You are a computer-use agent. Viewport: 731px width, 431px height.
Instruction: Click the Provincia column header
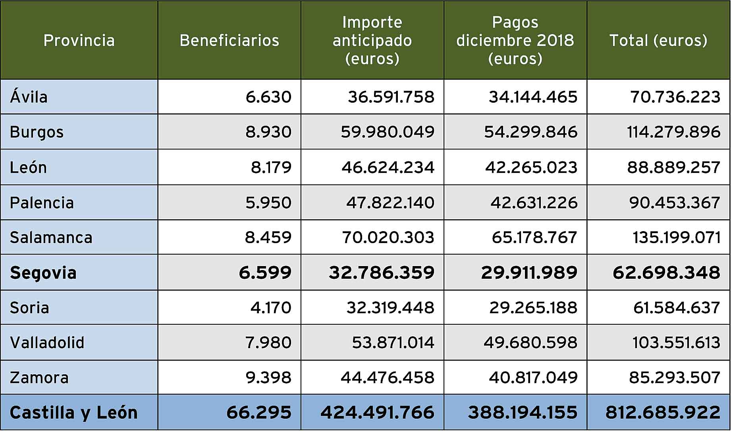[x=79, y=40]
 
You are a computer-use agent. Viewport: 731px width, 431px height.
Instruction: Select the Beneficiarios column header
[x=230, y=40]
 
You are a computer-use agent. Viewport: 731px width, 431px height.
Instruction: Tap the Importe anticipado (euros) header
[x=372, y=40]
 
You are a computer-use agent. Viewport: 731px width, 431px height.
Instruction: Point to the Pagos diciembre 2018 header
[x=515, y=40]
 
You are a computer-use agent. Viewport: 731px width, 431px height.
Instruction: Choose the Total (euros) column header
[x=658, y=40]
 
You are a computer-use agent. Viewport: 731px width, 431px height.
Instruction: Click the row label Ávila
[x=29, y=97]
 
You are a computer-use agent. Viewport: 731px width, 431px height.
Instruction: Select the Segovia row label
[x=43, y=273]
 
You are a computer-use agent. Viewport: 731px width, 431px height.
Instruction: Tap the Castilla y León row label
[x=73, y=413]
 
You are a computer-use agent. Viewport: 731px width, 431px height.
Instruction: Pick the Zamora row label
[x=39, y=377]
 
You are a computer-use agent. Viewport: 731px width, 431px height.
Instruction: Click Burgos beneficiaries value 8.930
[x=268, y=132]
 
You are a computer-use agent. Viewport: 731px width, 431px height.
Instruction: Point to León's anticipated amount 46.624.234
[x=388, y=167]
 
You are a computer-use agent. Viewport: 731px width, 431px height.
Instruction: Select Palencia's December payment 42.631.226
[x=534, y=203]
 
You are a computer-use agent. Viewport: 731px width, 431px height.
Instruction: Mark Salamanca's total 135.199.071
[x=676, y=238]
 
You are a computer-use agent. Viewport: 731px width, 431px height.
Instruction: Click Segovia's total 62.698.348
[x=666, y=273]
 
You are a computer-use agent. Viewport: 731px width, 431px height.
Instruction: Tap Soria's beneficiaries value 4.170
[x=271, y=308]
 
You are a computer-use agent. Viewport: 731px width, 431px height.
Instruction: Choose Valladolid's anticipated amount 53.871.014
[x=393, y=343]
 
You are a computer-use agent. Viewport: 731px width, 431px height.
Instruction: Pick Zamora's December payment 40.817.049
[x=533, y=377]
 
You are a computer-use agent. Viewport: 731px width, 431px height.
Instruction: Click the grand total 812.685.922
[x=663, y=413]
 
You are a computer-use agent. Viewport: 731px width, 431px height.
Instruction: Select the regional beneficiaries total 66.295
[x=259, y=413]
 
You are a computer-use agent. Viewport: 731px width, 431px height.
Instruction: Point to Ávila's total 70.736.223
[x=675, y=97]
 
